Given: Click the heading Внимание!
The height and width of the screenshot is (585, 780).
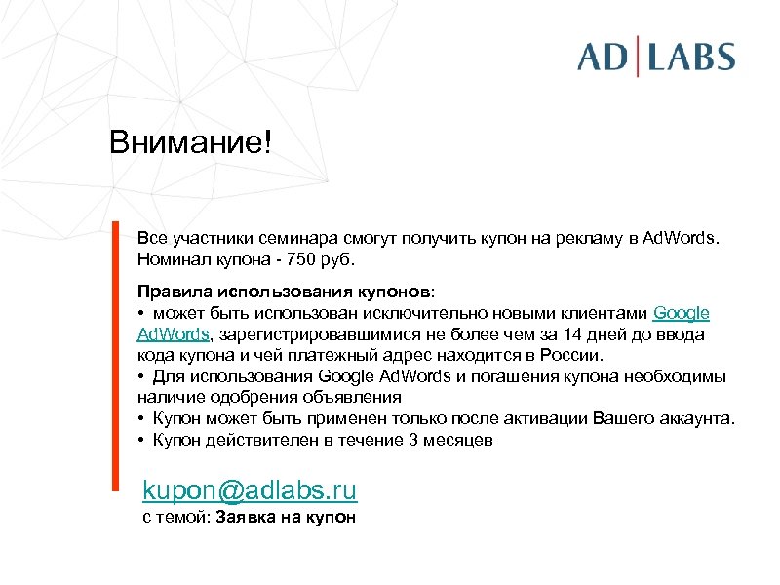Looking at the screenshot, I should click(192, 143).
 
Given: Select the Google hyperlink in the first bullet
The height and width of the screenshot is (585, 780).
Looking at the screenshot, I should click(681, 313).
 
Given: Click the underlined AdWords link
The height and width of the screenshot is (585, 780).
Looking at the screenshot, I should click(173, 334).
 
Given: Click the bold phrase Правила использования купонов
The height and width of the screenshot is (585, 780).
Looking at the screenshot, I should click(284, 292).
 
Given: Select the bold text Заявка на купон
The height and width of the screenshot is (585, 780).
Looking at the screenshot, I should click(286, 518).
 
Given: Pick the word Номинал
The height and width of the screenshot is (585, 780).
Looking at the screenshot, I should click(170, 260).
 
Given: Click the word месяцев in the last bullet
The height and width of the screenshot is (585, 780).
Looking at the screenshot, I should click(458, 440).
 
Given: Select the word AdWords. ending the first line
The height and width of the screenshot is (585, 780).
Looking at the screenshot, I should click(681, 239).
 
